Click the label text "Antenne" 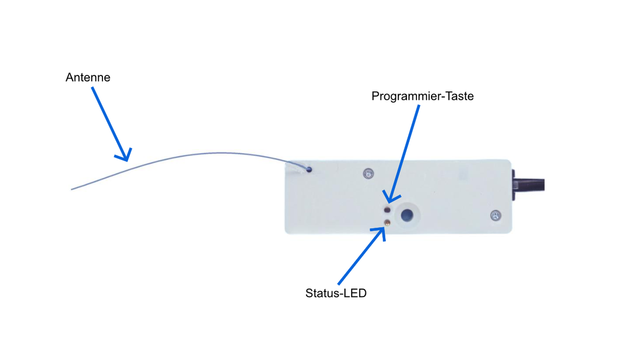pos(88,78)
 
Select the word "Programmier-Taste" pos(423,97)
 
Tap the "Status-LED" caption pos(336,293)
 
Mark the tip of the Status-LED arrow pos(384,228)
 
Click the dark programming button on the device pos(387,209)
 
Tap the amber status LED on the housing pos(387,223)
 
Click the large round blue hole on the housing pos(407,215)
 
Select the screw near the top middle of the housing pos(368,174)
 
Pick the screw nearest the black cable pos(496,216)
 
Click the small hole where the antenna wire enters pos(309,170)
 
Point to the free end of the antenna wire pos(71,189)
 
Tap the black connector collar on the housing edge pos(514,185)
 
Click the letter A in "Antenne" pos(69,78)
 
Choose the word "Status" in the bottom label pos(321,293)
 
